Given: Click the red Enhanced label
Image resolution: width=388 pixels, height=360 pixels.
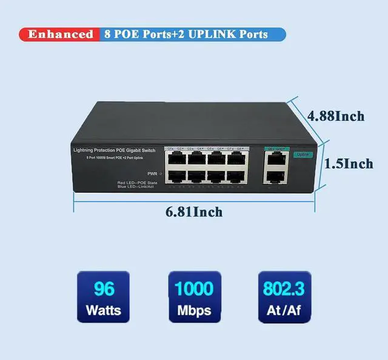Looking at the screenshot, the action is tap(60, 34).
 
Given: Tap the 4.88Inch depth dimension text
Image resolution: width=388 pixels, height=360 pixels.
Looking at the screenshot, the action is tap(336, 116).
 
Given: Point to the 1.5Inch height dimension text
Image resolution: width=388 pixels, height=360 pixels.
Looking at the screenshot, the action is tap(349, 164).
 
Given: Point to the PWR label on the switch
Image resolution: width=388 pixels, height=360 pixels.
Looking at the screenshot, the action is tap(152, 173).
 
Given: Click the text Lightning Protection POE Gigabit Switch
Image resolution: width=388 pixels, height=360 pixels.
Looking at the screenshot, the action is tap(114, 150).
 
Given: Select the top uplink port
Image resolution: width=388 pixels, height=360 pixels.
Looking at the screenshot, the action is tap(276, 159).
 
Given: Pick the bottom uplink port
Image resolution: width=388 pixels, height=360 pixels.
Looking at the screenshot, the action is tap(276, 177).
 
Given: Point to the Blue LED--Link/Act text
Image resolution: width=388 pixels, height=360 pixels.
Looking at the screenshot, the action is tap(138, 187).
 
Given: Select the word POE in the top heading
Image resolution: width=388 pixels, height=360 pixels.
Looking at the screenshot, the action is tap(125, 34).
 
